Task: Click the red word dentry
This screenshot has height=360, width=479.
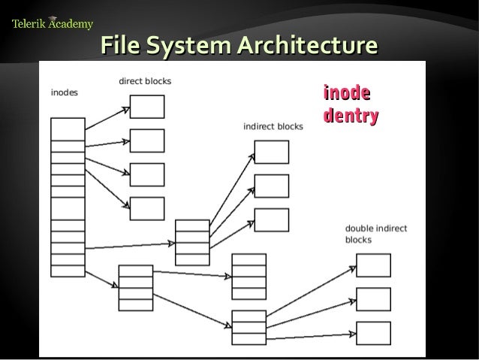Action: [x=350, y=116]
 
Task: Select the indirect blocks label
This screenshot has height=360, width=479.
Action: [x=273, y=126]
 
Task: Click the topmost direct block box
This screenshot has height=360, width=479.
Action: [x=147, y=107]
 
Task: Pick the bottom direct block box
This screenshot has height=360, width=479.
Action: [x=147, y=208]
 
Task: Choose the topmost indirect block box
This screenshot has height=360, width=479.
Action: [x=271, y=152]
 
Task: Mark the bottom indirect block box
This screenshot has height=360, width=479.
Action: [x=271, y=219]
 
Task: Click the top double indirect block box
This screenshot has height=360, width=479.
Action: [x=373, y=265]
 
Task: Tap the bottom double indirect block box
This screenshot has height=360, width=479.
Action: [x=373, y=333]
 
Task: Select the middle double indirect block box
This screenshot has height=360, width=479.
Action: [x=373, y=299]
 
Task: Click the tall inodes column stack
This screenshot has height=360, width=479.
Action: [x=68, y=197]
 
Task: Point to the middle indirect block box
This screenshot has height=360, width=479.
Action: [x=271, y=186]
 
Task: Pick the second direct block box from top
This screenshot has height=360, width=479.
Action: [x=147, y=141]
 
